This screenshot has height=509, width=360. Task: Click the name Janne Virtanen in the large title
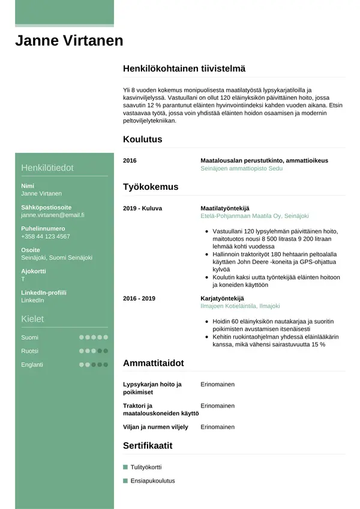pos(69,41)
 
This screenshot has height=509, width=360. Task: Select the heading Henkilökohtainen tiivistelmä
pos(184,69)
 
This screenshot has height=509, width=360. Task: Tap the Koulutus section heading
pos(142,139)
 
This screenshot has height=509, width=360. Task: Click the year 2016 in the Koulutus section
pos(130,161)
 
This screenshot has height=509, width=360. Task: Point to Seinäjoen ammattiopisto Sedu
pos(241,169)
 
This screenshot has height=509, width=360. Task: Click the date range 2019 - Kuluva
pos(142,208)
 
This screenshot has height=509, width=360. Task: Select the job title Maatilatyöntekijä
pos(224,208)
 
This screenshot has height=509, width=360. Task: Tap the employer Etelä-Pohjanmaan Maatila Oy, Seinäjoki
pos(255,216)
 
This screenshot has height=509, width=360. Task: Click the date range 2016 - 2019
pos(139,298)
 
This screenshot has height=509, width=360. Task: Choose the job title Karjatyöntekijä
pos(223,298)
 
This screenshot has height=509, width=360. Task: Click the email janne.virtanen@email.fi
pos(52,214)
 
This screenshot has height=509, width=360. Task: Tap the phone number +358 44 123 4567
pos(45,236)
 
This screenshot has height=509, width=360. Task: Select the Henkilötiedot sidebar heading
pos(47,167)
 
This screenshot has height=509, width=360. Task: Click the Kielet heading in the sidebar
pos(32,319)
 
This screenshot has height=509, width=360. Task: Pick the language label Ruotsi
pos(29,351)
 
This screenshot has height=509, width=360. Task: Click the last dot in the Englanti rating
pos(106,364)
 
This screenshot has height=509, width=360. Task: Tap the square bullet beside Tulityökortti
pos(125,466)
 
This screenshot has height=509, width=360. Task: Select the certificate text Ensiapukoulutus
pos(152,481)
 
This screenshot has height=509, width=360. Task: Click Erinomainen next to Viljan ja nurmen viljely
pos(217,427)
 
